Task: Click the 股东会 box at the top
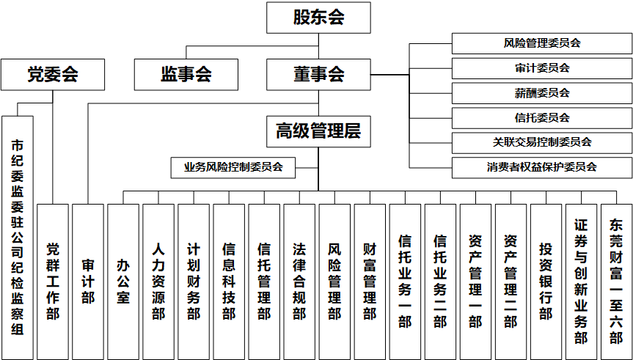318,18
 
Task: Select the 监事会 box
186,75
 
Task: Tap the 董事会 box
318,75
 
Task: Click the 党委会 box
53,75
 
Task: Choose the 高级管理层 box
318,132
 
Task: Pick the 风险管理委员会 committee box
541,43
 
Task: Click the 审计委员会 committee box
541,68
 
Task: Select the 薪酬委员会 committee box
541,93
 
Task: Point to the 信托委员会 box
541,117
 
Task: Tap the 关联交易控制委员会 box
541,142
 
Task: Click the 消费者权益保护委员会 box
541,167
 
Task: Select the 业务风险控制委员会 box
233,167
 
